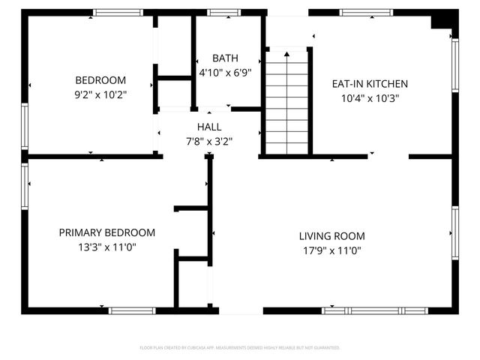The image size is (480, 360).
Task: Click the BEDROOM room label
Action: click(x=100, y=80)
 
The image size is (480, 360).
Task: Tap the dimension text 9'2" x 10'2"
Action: click(x=100, y=95)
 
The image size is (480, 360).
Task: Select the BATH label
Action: click(x=224, y=58)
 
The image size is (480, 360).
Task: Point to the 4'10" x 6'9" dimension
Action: click(x=224, y=73)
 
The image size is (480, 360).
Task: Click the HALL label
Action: click(x=209, y=127)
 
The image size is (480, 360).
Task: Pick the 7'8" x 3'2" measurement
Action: click(x=209, y=141)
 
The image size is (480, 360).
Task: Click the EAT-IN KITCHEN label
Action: click(x=370, y=83)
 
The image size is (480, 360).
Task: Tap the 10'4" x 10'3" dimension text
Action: click(x=370, y=98)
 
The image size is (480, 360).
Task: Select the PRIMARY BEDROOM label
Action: click(x=107, y=232)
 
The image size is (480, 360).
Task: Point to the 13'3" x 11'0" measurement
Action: click(x=107, y=247)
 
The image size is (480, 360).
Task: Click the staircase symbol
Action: click(x=287, y=101)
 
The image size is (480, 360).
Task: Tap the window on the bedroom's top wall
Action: click(x=118, y=13)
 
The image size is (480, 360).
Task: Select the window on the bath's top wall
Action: click(x=219, y=13)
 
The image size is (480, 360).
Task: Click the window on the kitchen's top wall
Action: click(x=365, y=13)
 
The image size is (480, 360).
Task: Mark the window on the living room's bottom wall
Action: click(x=374, y=310)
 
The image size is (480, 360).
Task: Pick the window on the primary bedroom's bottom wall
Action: click(x=133, y=310)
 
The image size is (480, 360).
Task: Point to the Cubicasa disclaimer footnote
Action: click(x=240, y=348)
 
